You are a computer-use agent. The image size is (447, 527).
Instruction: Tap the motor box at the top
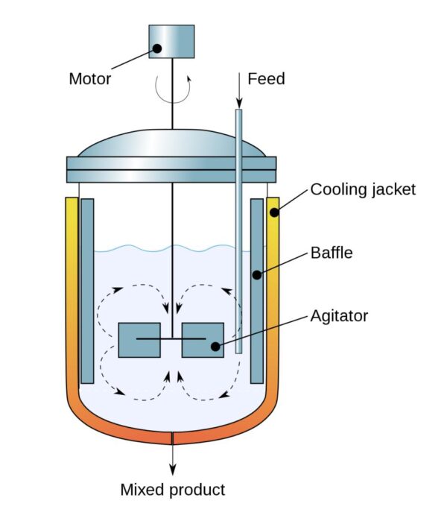[171, 41]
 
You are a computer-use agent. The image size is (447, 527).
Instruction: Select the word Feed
[266, 78]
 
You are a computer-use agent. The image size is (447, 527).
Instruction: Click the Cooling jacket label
[362, 189]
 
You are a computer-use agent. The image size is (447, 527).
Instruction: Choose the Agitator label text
[339, 316]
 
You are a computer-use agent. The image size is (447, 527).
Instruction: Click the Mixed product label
[172, 490]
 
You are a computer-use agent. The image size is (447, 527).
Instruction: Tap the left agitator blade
[139, 340]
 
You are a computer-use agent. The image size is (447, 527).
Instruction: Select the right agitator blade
[203, 340]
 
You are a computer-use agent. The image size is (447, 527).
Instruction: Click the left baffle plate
[87, 291]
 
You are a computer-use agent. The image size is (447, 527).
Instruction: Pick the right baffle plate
[257, 291]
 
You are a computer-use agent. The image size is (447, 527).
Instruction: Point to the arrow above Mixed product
[173, 458]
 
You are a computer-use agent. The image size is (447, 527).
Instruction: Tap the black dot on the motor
[156, 49]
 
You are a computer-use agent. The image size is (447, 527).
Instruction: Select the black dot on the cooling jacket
[274, 212]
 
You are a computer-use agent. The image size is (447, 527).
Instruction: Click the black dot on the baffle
[256, 275]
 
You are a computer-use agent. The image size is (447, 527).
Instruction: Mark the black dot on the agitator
[215, 346]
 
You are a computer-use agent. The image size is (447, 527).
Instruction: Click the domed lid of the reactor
[171, 145]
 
